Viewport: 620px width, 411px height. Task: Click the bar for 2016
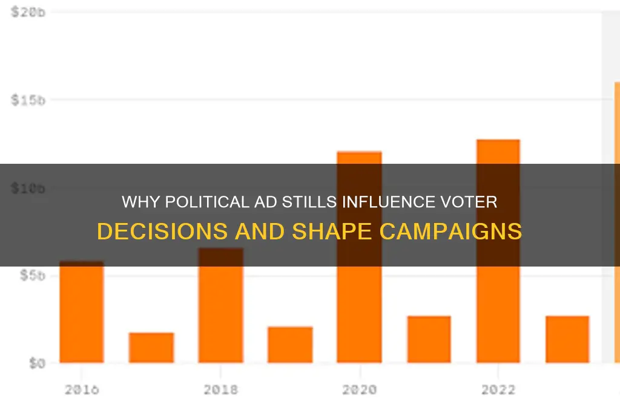point(82,312)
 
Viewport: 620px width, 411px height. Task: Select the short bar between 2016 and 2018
point(151,348)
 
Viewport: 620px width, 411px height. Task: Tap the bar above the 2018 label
point(221,305)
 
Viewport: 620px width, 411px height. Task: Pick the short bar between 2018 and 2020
point(291,345)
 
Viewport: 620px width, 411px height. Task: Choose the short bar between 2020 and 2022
point(429,339)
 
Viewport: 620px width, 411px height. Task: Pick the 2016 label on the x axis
point(82,390)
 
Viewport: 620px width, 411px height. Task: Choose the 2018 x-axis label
point(221,390)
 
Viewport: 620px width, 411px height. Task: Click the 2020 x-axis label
point(360,390)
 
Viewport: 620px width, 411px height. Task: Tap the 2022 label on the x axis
point(498,390)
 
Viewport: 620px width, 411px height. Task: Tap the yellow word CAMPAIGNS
point(458,232)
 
